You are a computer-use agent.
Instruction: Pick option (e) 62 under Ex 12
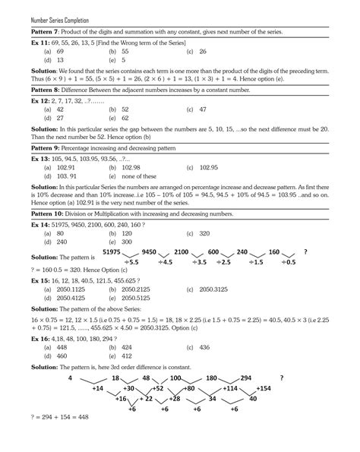122,119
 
